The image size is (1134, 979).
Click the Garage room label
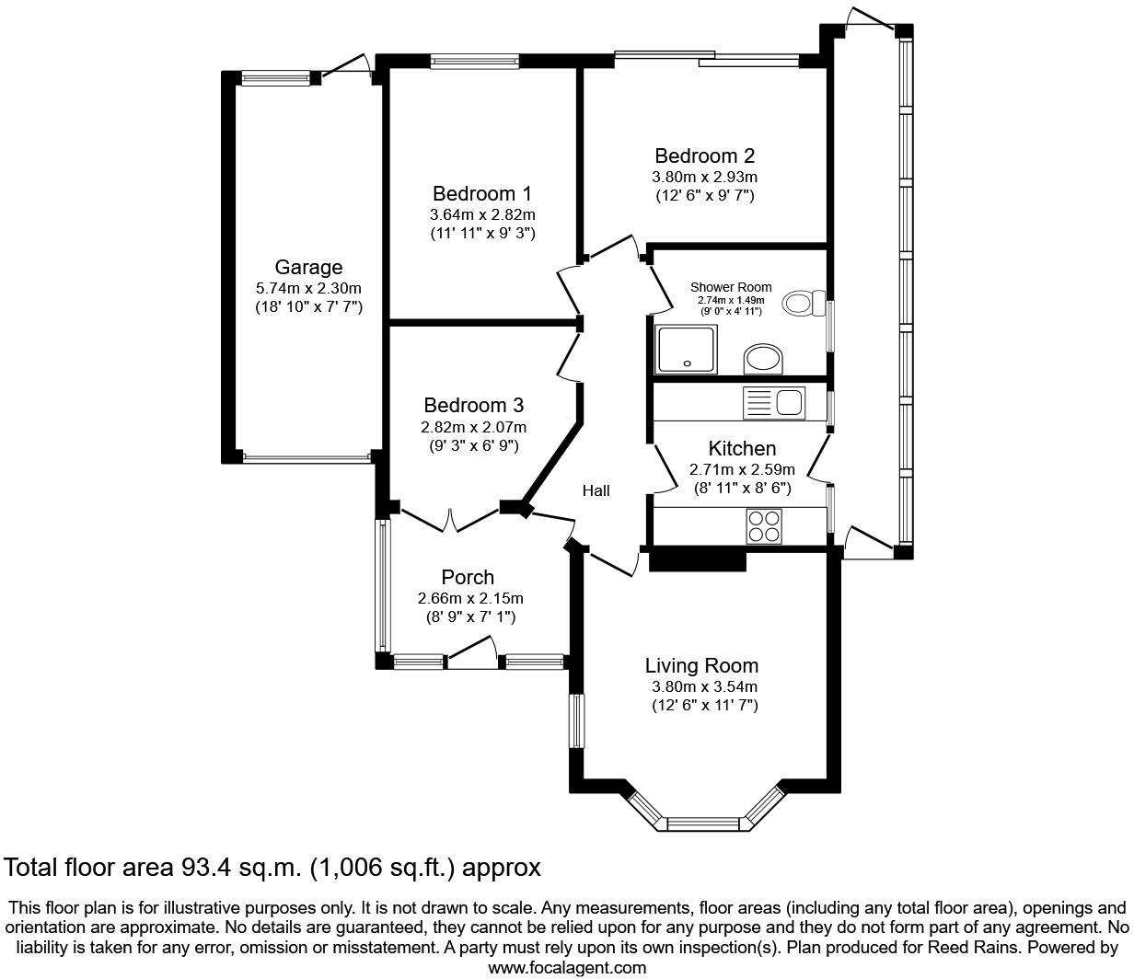tap(308, 268)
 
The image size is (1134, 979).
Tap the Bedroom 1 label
tap(482, 194)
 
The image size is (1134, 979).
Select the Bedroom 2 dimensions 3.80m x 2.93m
tap(704, 177)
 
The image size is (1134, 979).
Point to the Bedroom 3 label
tap(473, 406)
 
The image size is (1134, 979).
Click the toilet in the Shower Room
tap(798, 303)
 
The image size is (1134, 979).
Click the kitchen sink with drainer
tap(773, 403)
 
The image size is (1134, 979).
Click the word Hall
tap(596, 491)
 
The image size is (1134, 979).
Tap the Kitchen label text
tap(742, 449)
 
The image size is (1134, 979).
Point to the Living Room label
tap(701, 666)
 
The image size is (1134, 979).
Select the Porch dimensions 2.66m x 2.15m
tap(469, 598)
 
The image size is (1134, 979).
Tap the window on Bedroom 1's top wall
tap(475, 63)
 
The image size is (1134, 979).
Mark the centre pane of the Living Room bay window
tap(703, 823)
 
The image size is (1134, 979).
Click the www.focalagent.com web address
tap(566, 968)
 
